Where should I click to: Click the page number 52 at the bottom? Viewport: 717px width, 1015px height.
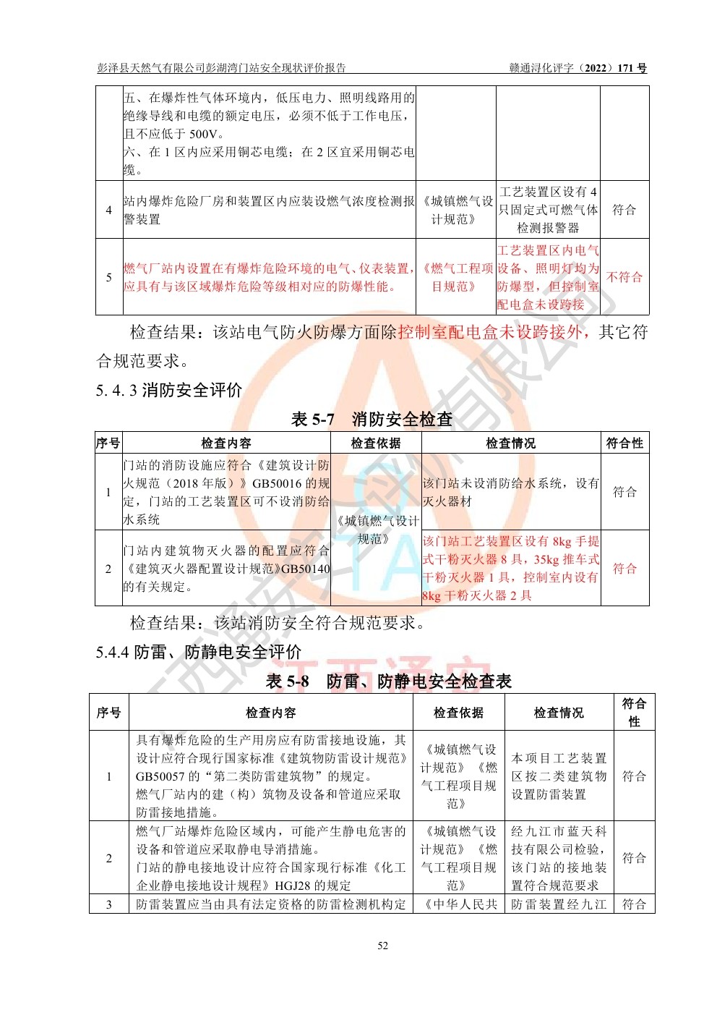click(382, 946)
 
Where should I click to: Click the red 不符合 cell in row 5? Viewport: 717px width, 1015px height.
click(624, 277)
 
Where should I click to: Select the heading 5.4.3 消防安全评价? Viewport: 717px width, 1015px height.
click(169, 391)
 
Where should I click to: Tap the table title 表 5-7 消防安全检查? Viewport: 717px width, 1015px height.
click(372, 420)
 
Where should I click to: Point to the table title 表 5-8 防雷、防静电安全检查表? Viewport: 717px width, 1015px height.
click(388, 681)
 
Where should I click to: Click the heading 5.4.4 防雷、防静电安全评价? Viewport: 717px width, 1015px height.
click(198, 652)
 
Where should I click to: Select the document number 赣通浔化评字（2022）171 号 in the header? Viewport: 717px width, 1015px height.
click(578, 68)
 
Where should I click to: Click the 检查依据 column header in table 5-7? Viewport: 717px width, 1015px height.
click(376, 443)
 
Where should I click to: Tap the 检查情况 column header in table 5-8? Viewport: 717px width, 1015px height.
click(559, 713)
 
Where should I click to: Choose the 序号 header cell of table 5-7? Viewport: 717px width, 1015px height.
click(108, 443)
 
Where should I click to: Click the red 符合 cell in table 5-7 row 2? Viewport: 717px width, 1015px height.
click(624, 569)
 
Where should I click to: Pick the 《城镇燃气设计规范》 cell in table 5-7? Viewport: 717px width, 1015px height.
click(376, 530)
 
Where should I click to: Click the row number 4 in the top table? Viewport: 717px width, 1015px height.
click(109, 210)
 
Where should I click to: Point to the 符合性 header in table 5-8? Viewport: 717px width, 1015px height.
click(634, 712)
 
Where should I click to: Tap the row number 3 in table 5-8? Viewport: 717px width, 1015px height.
click(109, 904)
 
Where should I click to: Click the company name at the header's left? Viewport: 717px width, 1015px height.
click(222, 68)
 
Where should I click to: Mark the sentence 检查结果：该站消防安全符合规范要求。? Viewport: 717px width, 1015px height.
click(278, 623)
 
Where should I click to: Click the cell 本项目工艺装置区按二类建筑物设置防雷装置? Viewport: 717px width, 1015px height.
click(559, 776)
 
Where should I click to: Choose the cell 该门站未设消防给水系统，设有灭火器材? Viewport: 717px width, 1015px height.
click(510, 492)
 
